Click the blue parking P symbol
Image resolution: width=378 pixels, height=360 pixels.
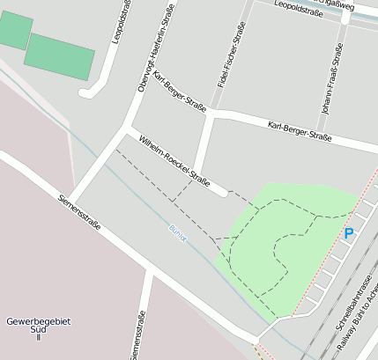(x=349, y=233)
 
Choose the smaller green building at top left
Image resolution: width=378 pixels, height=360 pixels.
(x=14, y=32)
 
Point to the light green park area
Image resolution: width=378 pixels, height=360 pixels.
(x=291, y=246)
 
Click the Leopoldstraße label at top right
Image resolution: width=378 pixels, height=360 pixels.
(x=300, y=9)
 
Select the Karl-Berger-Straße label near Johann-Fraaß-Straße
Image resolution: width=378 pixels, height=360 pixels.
(x=300, y=132)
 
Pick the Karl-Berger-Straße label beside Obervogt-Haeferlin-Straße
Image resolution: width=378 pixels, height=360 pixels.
(x=180, y=92)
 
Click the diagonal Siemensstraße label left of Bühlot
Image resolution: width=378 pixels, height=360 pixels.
(x=80, y=213)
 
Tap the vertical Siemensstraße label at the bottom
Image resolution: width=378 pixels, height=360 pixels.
(x=137, y=335)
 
